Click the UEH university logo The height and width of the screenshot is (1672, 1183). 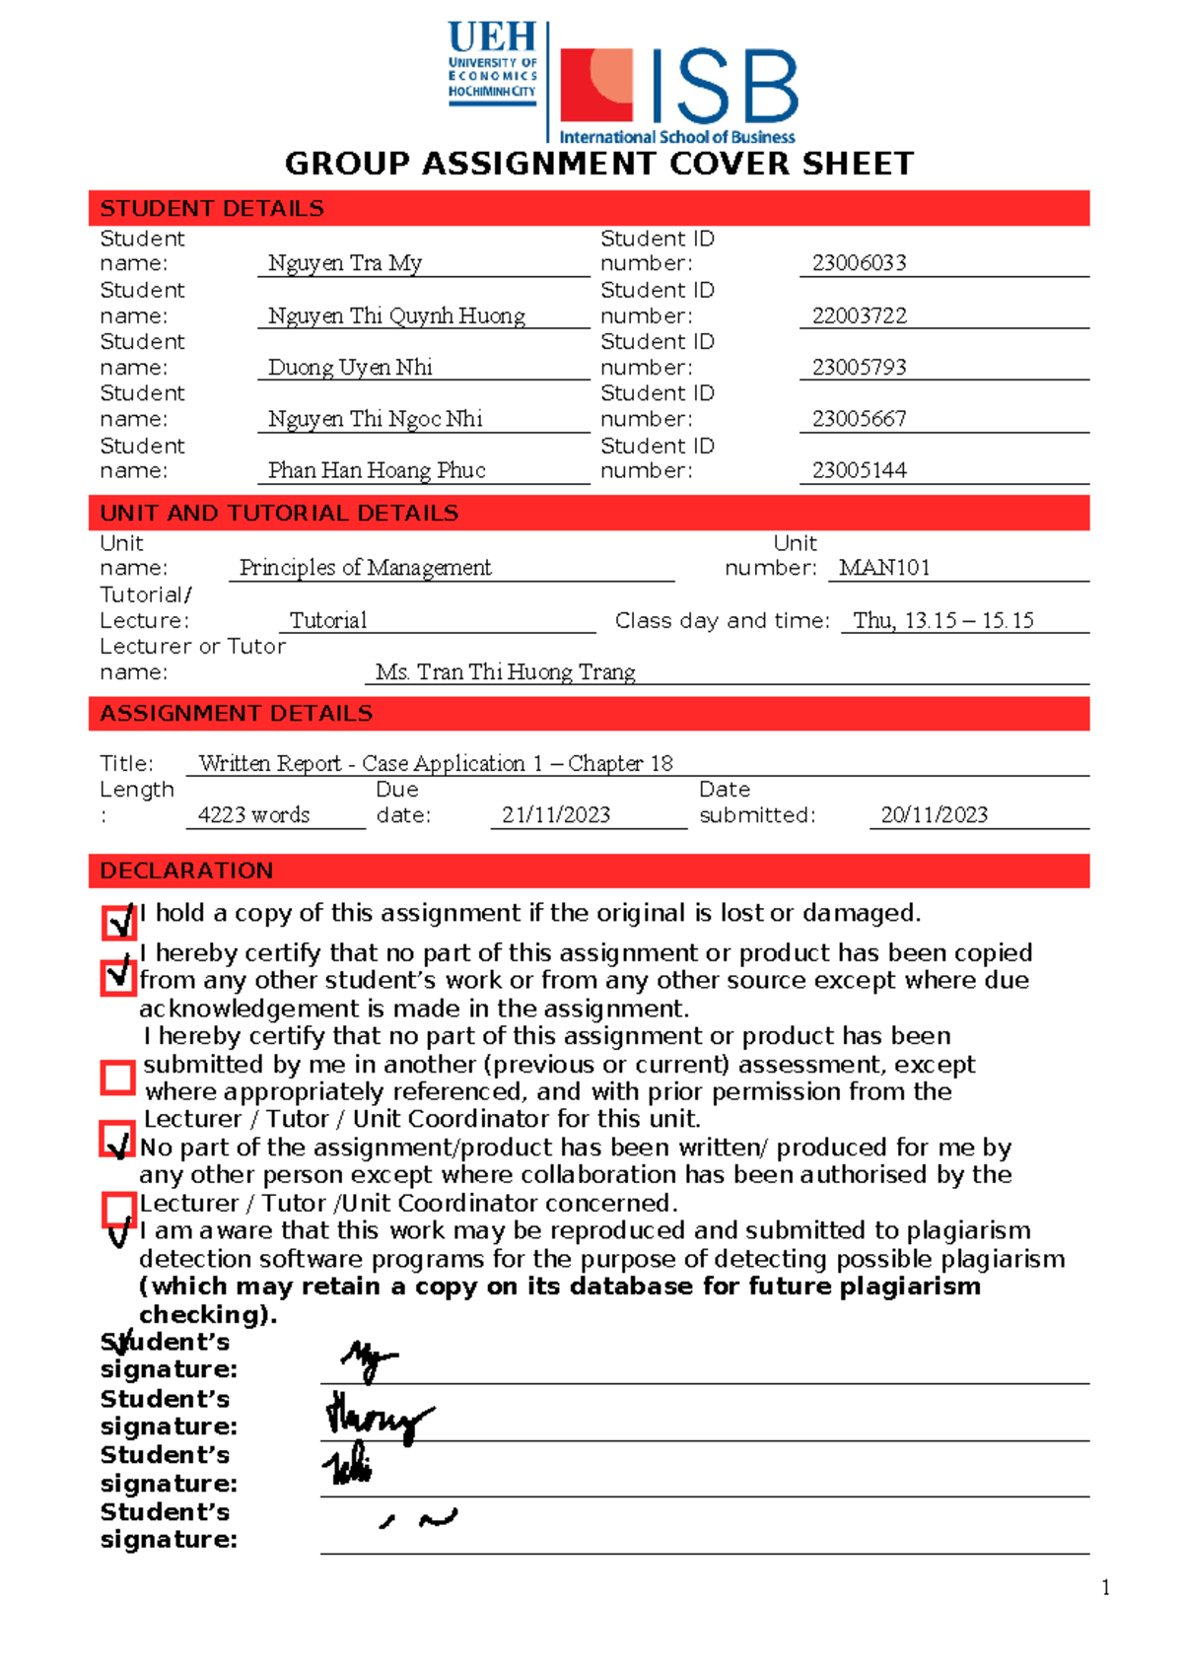[492, 63]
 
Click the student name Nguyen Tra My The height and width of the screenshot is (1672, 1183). [345, 263]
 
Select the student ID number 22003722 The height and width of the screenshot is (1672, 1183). [859, 315]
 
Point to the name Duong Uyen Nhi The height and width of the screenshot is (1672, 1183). [350, 368]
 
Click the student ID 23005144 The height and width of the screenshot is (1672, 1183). [859, 470]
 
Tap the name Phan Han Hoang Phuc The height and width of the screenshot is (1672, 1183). [377, 470]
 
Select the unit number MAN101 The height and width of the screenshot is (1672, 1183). [884, 568]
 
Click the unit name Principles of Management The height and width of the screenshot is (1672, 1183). [365, 568]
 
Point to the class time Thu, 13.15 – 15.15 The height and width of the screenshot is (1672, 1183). [943, 621]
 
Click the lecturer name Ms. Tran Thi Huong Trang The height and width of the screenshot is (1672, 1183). [505, 672]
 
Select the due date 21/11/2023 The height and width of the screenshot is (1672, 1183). [556, 815]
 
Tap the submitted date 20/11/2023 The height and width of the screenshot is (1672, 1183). [934, 815]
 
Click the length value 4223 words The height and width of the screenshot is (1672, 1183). [253, 815]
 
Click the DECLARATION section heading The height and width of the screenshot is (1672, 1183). [186, 871]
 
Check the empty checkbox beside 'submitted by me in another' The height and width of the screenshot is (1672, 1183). [118, 1078]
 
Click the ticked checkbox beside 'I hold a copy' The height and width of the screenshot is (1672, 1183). [118, 923]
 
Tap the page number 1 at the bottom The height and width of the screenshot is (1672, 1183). [1105, 1587]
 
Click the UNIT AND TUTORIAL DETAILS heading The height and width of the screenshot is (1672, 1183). [279, 514]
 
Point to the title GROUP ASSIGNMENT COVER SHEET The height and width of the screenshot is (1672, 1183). [599, 164]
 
